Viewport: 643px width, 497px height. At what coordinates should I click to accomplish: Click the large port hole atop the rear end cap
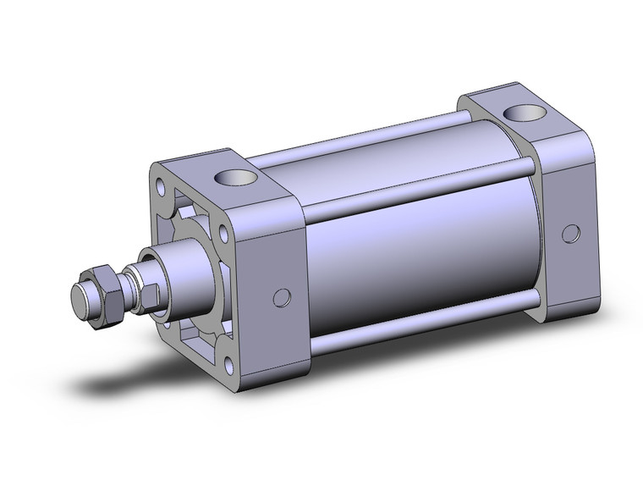click(x=519, y=113)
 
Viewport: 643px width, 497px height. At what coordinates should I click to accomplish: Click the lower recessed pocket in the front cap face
click(x=195, y=343)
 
